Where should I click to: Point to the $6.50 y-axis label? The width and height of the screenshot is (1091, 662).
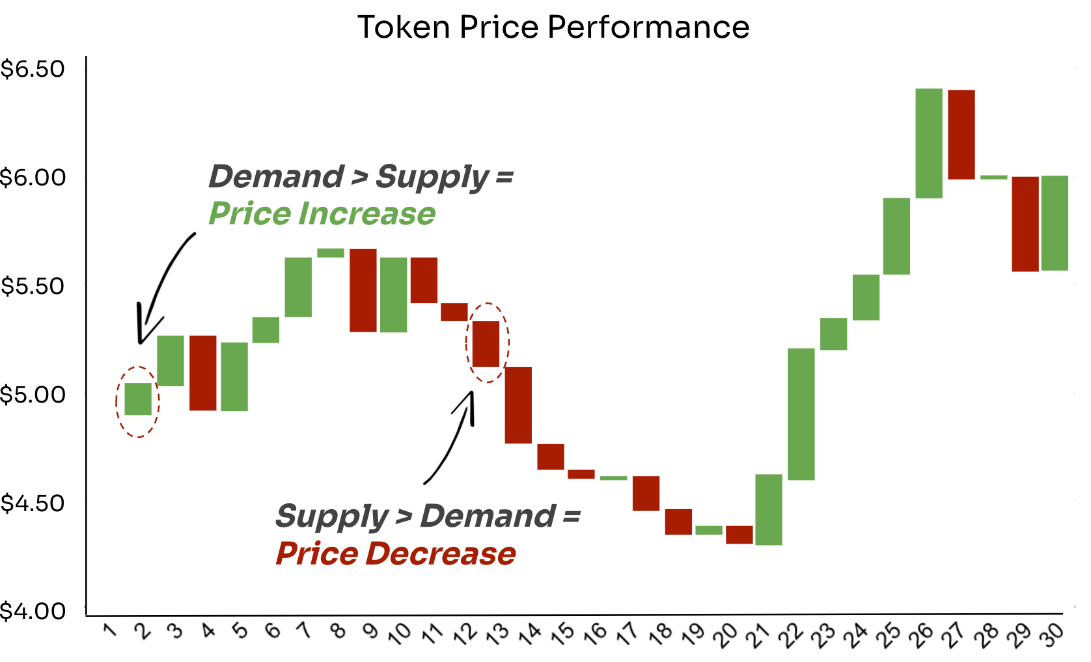coord(33,69)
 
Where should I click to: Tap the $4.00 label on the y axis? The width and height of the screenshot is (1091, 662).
coord(33,611)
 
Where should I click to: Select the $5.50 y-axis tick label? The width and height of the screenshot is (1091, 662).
coord(33,286)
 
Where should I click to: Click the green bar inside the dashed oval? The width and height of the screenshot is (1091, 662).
coord(138,399)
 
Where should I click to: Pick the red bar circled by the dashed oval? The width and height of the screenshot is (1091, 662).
coord(486,344)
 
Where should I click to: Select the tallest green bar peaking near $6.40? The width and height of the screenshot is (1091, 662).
coord(929,143)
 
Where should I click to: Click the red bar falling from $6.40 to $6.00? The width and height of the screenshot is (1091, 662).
coord(961,135)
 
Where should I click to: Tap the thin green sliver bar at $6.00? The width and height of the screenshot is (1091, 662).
coord(994,177)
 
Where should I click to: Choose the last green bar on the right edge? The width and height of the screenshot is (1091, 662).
coord(1055,223)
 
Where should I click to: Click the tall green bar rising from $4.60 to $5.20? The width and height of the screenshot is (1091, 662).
coord(801,414)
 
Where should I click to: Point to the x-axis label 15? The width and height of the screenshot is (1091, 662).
coord(562,633)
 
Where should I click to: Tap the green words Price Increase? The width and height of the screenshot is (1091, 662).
coord(322,214)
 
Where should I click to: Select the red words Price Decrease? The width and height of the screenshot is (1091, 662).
coord(396,554)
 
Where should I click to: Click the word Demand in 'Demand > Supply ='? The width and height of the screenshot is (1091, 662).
coord(276,177)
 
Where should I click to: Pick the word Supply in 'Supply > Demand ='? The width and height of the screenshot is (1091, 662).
coord(332,517)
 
